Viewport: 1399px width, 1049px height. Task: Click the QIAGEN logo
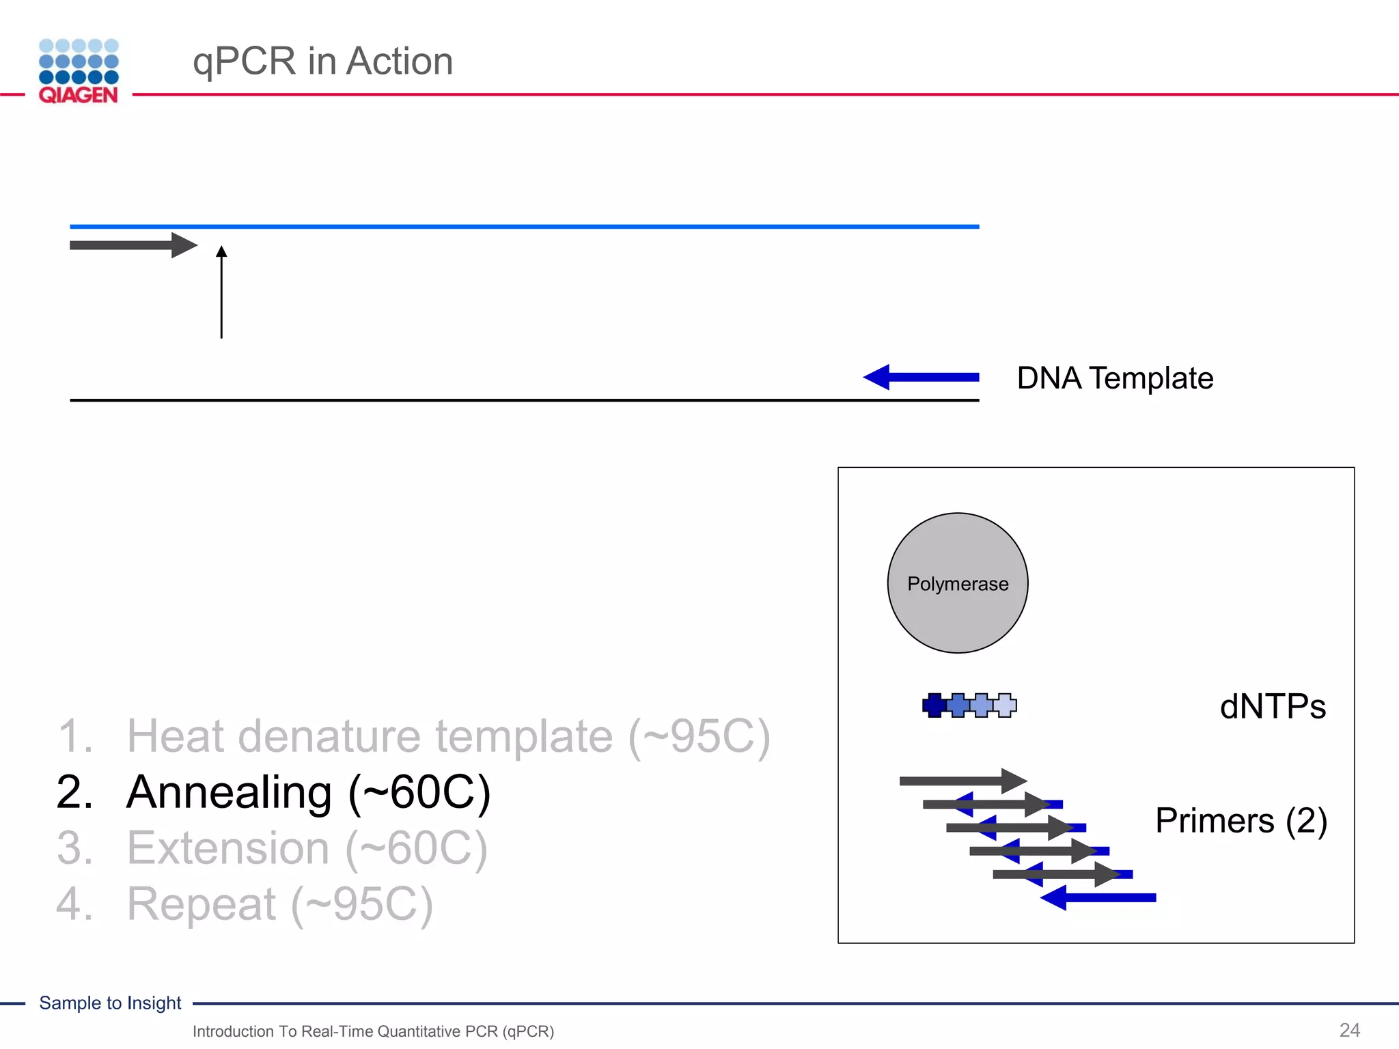coord(79,71)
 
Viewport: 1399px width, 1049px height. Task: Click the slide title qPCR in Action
coord(322,61)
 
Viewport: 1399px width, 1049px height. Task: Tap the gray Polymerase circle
coord(957,583)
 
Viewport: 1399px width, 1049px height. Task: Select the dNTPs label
coord(1272,706)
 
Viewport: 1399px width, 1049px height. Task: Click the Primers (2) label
coord(1241,820)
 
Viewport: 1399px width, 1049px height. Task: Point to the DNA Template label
coord(1114,378)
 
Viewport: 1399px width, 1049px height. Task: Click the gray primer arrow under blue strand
coord(133,245)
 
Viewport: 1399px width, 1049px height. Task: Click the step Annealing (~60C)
coord(308,792)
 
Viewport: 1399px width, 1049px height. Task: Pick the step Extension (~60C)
coord(307,848)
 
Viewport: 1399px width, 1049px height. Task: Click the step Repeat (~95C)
coord(279,904)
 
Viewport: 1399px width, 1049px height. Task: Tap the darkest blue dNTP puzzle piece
coord(933,705)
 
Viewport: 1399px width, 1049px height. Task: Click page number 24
coord(1349,1030)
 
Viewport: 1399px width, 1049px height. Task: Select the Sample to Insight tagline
coord(110,1003)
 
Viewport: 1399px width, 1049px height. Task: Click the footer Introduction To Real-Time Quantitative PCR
coord(373,1031)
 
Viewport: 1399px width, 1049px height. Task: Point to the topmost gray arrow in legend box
coord(962,781)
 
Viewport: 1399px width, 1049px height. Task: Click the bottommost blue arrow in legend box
coord(1098,897)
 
